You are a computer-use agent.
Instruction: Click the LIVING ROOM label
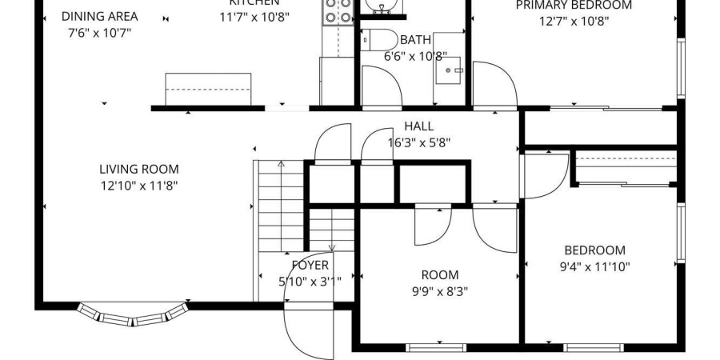pos(139,169)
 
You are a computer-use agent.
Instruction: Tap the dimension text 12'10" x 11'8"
pos(139,186)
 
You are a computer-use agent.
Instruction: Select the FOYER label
pos(310,265)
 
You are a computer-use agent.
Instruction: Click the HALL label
pos(418,126)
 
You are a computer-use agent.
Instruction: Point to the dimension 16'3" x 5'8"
pos(418,143)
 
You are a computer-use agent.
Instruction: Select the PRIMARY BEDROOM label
pos(573,6)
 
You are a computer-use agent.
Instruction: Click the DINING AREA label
pos(99,16)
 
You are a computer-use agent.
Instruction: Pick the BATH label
pos(415,39)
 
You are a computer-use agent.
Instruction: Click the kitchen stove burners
pos(337,10)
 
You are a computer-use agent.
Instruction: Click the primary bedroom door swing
pos(493,84)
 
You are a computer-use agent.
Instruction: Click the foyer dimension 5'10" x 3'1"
pos(310,281)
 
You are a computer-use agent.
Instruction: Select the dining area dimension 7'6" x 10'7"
pos(99,33)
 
